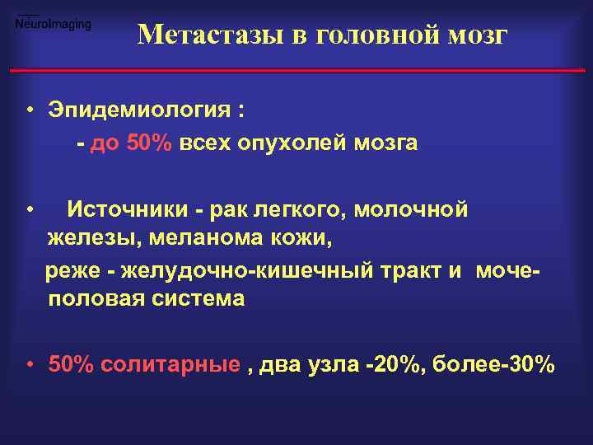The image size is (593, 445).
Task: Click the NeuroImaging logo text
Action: coord(54,24)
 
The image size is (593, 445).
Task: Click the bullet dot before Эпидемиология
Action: coord(29,111)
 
